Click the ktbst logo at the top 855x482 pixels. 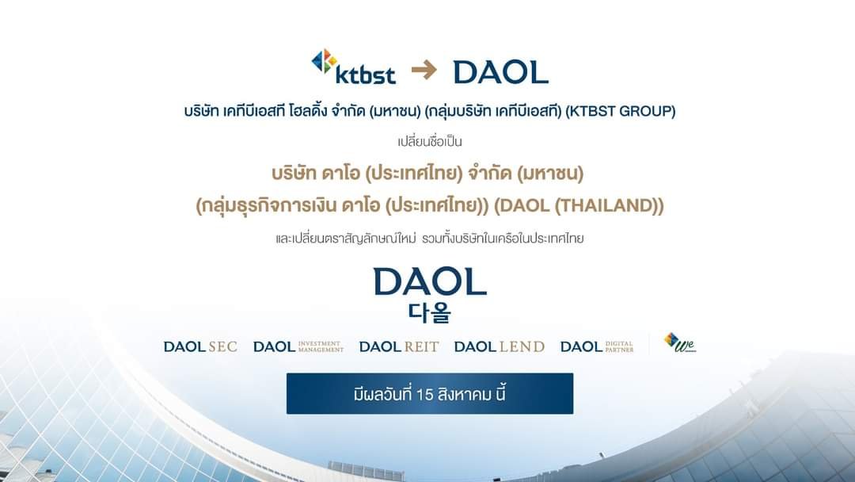[x=353, y=67]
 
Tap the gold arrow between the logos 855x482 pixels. [x=424, y=70]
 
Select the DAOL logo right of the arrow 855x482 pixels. [x=500, y=72]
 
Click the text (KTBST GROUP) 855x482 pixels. [x=621, y=111]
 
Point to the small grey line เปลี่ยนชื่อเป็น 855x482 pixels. [x=430, y=141]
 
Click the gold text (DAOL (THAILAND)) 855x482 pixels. [x=579, y=206]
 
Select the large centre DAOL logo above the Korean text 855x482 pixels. [x=430, y=281]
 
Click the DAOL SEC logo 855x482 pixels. [x=200, y=346]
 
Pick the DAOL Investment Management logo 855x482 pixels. [x=298, y=346]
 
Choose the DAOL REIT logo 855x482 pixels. [x=398, y=346]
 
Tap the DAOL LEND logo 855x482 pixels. [x=499, y=346]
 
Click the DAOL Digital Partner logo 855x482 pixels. [x=597, y=346]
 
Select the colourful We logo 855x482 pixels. [x=680, y=342]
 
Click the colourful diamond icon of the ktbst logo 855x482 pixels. [x=324, y=60]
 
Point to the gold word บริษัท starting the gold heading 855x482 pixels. [x=294, y=174]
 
